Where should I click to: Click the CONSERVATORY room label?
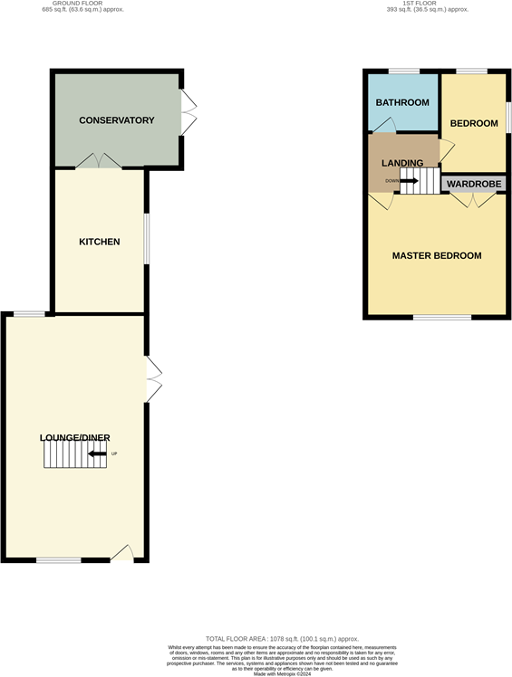pos(116,120)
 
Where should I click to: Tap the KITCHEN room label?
pos(100,242)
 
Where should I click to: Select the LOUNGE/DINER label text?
pos(75,438)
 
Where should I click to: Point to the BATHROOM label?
pos(402,102)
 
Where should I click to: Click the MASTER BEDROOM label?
pos(437,256)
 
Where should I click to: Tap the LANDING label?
pos(402,163)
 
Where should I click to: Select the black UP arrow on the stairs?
pos(97,453)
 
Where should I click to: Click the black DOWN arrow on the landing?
pos(409,180)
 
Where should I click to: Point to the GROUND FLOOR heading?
pos(82,4)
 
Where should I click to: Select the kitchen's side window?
pos(146,239)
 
